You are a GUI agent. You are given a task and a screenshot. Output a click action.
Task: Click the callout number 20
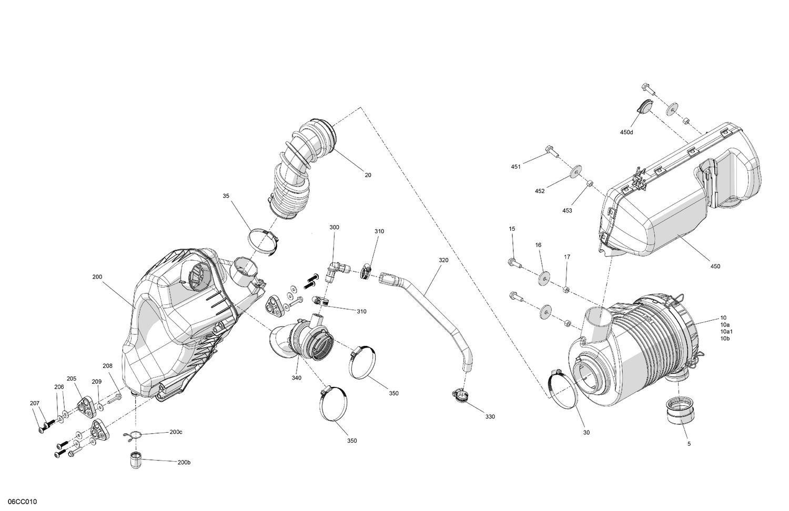[368, 175]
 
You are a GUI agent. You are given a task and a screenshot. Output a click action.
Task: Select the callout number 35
[226, 196]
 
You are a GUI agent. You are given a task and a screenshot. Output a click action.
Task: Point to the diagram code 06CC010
[18, 502]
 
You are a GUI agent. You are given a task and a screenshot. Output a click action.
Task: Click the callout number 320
[443, 260]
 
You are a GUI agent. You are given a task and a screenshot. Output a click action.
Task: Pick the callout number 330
[490, 416]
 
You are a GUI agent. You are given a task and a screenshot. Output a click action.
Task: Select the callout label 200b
[184, 462]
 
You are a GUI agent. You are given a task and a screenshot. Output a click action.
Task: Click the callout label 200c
[176, 432]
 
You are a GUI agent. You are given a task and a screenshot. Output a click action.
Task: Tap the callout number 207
[35, 403]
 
